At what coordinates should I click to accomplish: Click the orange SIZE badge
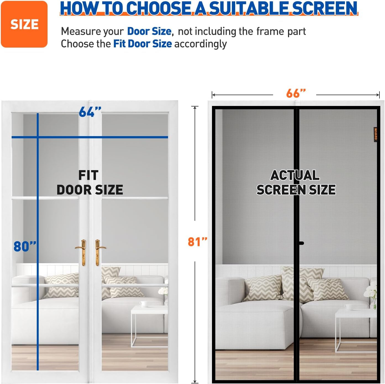pos(24,24)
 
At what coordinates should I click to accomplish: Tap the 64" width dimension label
pos(90,112)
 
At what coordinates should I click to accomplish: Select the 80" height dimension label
pos(25,246)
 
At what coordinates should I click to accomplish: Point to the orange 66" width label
pos(296,93)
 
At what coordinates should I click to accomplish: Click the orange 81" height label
pos(197,242)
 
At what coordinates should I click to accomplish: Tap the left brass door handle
pos(82,253)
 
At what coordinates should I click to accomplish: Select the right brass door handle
pos(99,253)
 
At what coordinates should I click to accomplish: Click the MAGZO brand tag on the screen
pos(375,135)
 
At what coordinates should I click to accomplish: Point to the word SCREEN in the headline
pos(324,8)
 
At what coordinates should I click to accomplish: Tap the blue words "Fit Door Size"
pos(142,44)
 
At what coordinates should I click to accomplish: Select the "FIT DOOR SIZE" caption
pos(90,183)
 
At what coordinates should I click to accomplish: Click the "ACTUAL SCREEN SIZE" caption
pos(296,183)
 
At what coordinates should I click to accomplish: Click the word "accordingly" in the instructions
pos(201,44)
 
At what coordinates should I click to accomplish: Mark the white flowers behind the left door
pos(163,291)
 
